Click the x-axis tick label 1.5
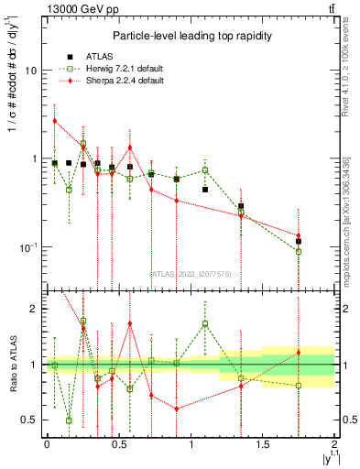263,444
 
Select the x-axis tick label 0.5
118,444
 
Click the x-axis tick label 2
334,444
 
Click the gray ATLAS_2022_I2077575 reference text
191,273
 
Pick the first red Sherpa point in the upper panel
55,121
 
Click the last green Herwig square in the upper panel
299,251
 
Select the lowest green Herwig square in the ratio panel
70,420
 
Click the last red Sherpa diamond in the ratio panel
299,353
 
